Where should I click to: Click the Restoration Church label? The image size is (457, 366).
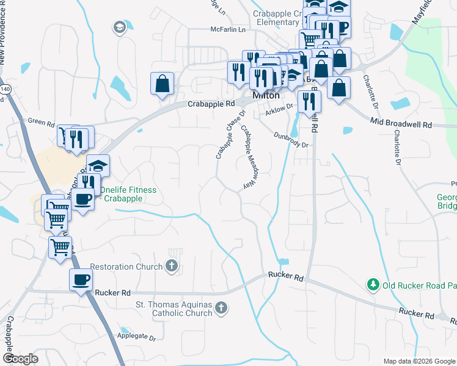(126, 267)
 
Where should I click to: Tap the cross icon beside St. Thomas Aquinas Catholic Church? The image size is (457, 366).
(221, 309)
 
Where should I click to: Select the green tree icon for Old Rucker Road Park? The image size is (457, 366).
(372, 284)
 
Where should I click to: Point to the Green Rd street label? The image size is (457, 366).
(41, 122)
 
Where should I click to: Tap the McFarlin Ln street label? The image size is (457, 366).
(228, 29)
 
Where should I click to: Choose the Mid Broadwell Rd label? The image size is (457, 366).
(401, 124)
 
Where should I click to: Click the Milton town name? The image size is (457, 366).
(266, 96)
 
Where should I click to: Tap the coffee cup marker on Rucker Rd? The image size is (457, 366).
(81, 280)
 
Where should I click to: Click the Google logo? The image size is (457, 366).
(20, 358)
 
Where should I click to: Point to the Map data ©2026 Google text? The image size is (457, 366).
(419, 362)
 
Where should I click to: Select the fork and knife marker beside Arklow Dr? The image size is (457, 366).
(309, 101)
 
